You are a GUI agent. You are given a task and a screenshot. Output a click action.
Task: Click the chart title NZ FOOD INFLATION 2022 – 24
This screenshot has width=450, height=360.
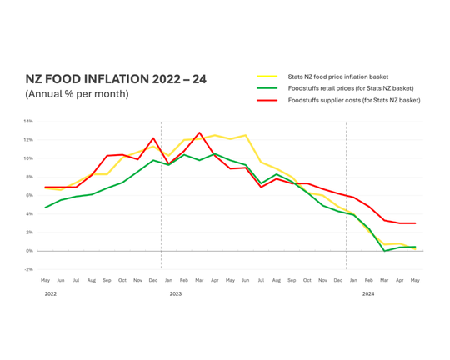point(116,79)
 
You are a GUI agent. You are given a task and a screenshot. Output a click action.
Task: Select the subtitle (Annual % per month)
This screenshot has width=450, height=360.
point(77,94)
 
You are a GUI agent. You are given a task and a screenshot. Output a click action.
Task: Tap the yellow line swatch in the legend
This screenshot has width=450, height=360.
point(267,77)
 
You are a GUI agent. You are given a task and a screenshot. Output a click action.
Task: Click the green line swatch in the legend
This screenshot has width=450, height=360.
point(267,88)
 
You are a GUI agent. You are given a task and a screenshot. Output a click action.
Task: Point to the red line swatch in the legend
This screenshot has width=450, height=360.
point(267,100)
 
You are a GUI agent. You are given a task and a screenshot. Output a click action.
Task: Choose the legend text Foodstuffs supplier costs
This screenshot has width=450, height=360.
point(353,100)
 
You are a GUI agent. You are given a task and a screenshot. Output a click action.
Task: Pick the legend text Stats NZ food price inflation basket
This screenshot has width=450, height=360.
point(337,77)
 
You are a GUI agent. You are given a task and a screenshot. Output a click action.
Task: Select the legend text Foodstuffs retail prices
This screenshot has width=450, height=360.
point(350,88)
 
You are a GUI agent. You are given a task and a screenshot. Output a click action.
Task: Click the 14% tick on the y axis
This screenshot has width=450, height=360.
point(28,122)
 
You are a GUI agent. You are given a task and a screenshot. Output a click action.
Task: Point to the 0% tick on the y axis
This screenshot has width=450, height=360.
point(29,251)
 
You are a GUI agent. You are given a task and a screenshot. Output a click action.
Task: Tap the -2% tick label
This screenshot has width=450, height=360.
point(28,269)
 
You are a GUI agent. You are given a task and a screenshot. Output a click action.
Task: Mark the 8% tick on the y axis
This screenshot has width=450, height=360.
point(29,177)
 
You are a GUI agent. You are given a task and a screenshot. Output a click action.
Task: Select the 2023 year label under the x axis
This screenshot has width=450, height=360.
point(175,294)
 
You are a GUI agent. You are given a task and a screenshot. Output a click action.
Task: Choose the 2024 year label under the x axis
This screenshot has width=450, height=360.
point(367,294)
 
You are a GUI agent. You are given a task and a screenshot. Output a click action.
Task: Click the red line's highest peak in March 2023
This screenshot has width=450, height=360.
point(199,132)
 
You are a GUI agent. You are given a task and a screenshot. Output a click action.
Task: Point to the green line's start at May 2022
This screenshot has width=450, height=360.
point(46,207)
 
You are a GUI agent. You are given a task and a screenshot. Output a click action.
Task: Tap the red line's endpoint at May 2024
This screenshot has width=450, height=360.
point(415,223)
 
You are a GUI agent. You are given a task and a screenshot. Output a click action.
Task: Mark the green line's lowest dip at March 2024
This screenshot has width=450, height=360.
point(384,250)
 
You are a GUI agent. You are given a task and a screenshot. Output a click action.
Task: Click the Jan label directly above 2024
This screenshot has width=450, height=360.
point(353,281)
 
